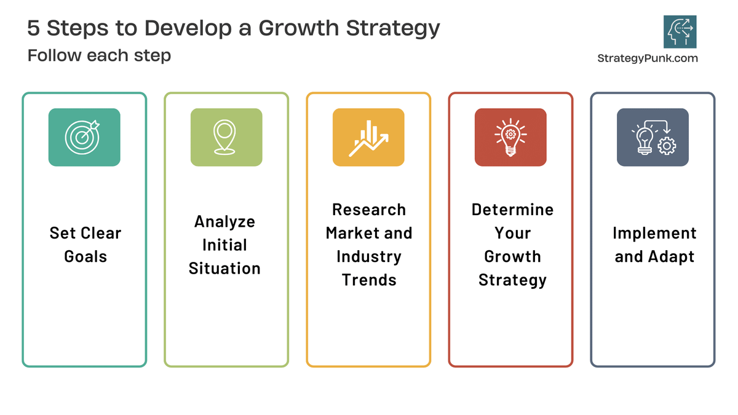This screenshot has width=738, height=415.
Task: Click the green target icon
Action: [84, 137]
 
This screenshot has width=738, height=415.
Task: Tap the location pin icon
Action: [226, 137]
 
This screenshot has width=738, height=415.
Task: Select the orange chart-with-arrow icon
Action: [368, 137]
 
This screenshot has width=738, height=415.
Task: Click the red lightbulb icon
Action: [510, 137]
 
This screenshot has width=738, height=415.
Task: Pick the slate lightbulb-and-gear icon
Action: [653, 137]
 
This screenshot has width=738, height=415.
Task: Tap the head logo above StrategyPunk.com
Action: [680, 32]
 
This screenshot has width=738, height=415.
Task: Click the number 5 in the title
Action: [34, 28]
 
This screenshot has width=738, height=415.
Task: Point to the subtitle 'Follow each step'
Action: [99, 55]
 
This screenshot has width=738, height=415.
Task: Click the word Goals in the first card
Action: [85, 256]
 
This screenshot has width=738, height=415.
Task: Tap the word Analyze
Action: [224, 221]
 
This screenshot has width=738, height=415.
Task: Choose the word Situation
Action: [224, 268]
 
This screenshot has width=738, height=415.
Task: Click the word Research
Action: [369, 210]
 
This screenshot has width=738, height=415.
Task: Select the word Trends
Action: [369, 280]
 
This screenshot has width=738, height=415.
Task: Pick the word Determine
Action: [512, 210]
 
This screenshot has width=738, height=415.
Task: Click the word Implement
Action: [654, 233]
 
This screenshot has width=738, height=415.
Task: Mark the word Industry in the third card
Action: [369, 256]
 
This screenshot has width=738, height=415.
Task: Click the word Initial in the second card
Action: [224, 245]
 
